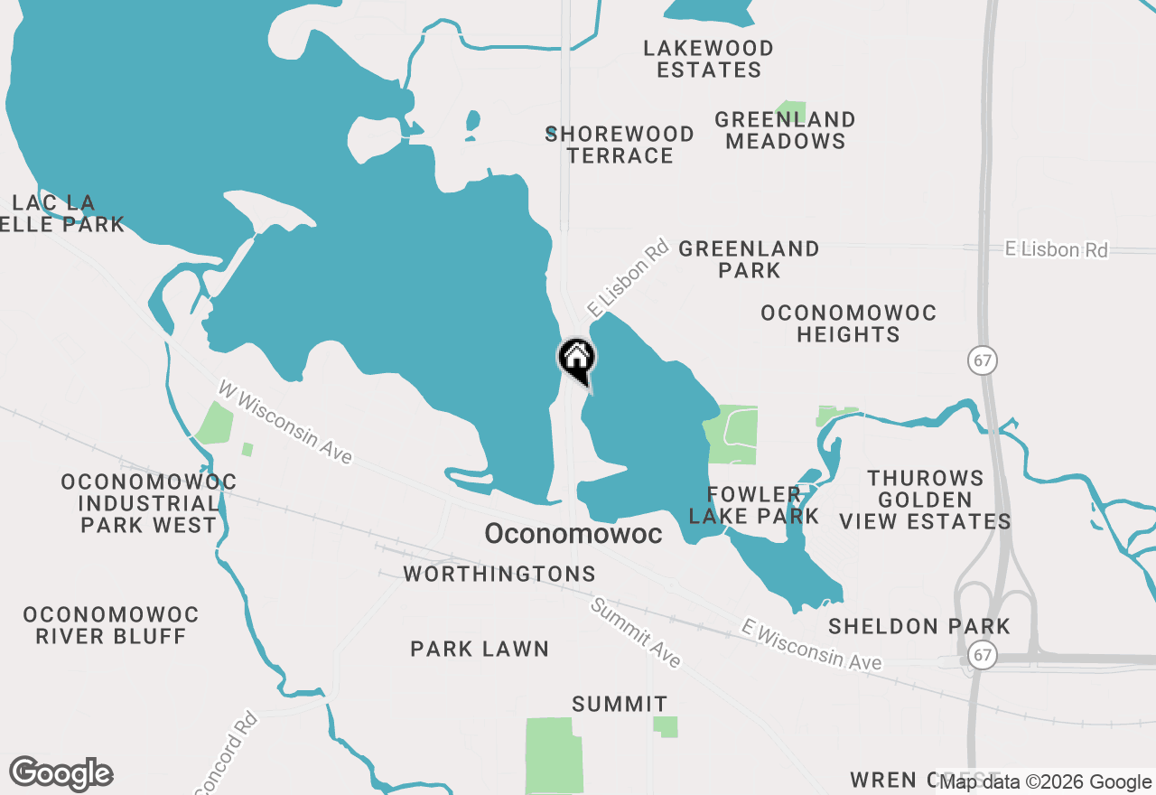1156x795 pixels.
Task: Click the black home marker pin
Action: click(x=576, y=358)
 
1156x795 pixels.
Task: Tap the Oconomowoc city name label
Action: click(x=573, y=534)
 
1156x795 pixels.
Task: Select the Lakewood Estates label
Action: click(x=709, y=59)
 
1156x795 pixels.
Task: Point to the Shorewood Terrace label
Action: click(x=620, y=145)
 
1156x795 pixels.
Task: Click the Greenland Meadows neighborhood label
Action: click(x=786, y=130)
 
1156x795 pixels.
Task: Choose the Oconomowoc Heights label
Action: click(x=848, y=323)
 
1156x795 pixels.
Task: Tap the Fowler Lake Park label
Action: click(x=754, y=505)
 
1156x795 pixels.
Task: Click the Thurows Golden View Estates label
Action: click(x=925, y=500)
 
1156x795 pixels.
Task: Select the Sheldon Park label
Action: click(x=919, y=626)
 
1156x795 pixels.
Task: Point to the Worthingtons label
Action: click(x=499, y=574)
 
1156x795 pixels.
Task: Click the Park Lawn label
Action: click(x=480, y=649)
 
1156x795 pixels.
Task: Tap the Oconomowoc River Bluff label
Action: click(x=111, y=625)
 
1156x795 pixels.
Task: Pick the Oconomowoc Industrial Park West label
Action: click(x=149, y=503)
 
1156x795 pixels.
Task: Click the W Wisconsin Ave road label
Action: click(x=284, y=422)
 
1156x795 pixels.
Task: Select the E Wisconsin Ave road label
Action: click(x=811, y=645)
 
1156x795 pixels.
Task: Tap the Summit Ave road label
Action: click(x=635, y=632)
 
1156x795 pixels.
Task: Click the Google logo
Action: click(x=61, y=774)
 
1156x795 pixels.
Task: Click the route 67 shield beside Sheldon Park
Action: click(x=983, y=655)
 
